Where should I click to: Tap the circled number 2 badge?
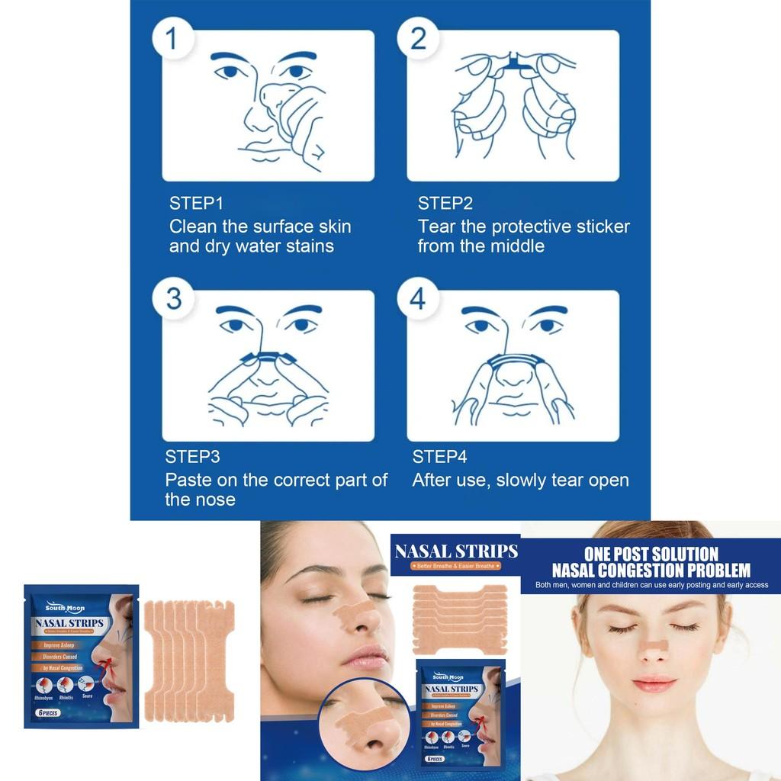tap(418, 37)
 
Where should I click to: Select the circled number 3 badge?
tap(173, 297)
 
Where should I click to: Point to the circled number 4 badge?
tap(417, 297)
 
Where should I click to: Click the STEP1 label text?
tap(195, 204)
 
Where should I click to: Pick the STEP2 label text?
tap(445, 204)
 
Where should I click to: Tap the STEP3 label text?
tap(192, 458)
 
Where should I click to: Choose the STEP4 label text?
tap(439, 458)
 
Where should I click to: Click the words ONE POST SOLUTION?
tap(651, 554)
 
